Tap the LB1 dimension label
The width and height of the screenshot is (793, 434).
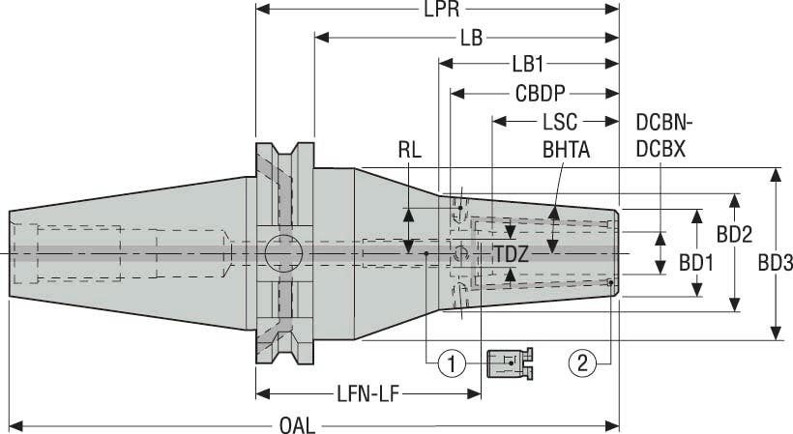[528, 65]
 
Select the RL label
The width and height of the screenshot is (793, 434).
[409, 151]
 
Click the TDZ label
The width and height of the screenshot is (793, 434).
[511, 254]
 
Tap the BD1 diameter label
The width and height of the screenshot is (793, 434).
[695, 262]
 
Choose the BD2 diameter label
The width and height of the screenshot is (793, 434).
[734, 234]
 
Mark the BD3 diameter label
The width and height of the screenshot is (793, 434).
[775, 262]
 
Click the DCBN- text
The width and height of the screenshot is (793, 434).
[665, 123]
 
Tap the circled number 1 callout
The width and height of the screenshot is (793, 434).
[451, 363]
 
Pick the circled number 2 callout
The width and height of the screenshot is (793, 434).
[582, 363]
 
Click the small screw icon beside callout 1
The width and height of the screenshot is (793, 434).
[510, 362]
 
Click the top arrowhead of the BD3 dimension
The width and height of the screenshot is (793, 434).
[775, 175]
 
